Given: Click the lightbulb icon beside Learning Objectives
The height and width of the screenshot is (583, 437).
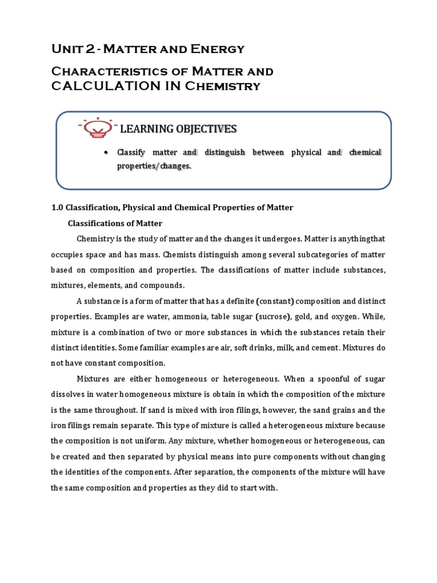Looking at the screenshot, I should [x=97, y=129].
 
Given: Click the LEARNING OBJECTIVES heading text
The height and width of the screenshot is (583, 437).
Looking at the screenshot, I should [x=178, y=129].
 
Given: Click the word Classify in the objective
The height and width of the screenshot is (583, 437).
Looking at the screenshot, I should [x=131, y=153].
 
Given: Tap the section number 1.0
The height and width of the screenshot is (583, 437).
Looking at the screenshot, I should [x=57, y=207].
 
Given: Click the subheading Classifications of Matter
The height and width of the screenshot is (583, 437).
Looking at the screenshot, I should [x=115, y=223].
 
